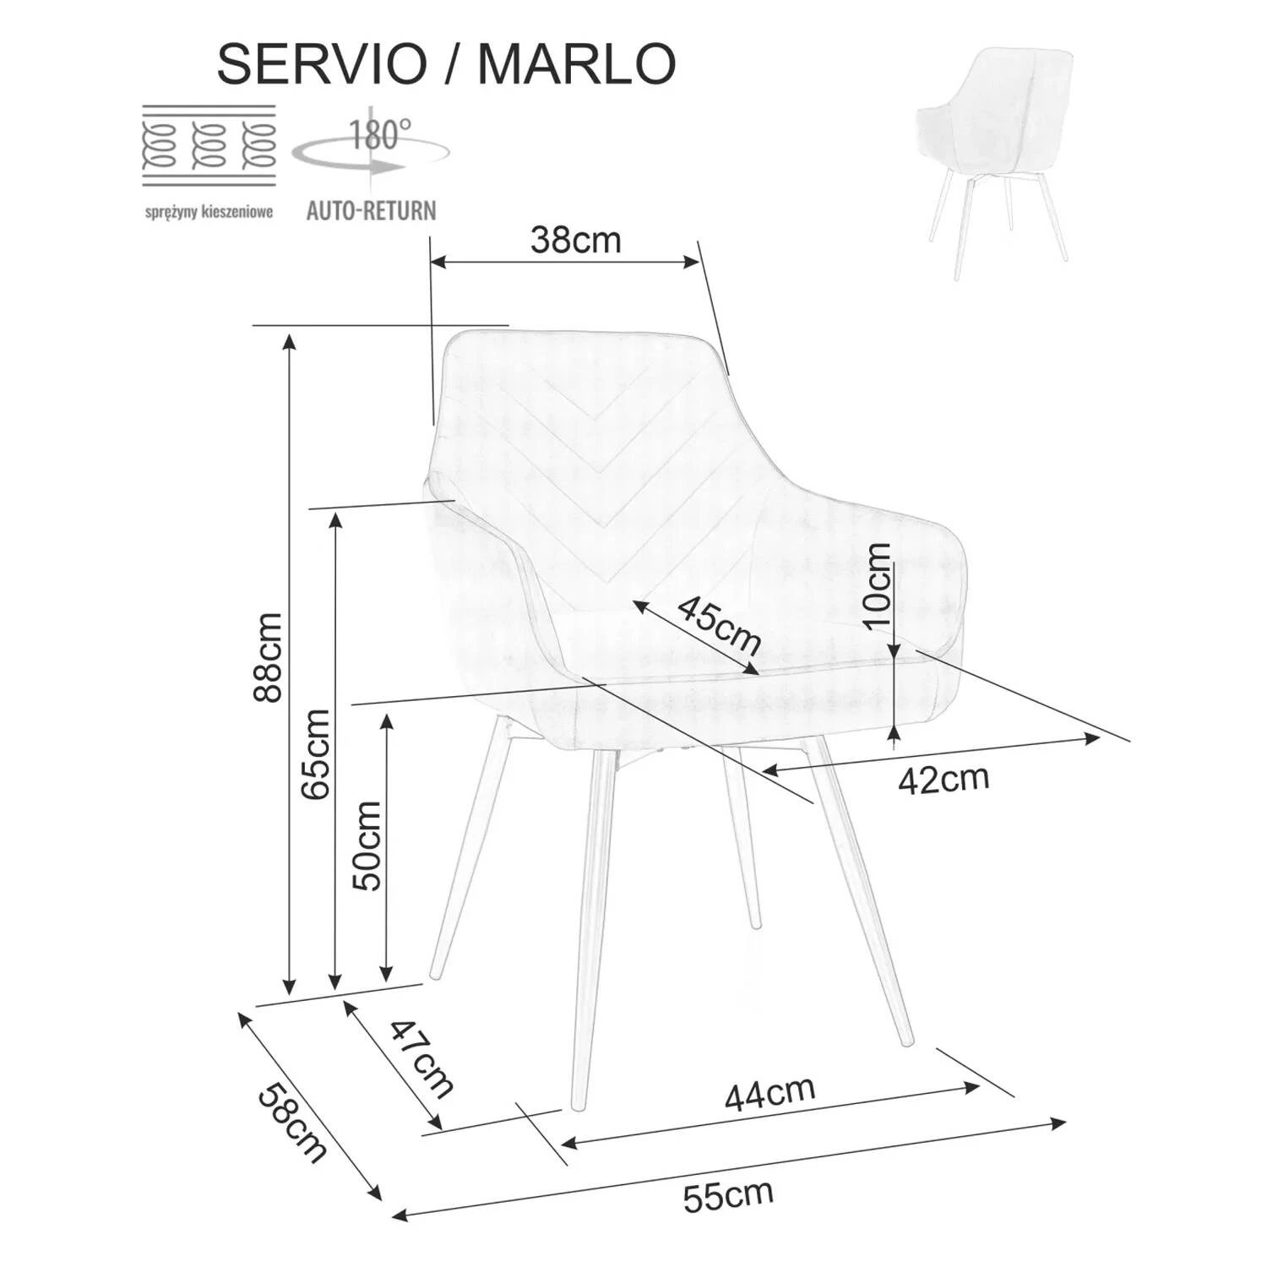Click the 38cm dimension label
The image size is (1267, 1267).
tap(575, 241)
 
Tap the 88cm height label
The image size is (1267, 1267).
tap(269, 658)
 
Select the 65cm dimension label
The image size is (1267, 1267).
tap(316, 753)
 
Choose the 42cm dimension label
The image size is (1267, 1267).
tap(943, 779)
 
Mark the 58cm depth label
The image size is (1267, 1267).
tap(291, 1123)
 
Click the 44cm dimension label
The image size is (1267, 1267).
tap(769, 1093)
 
